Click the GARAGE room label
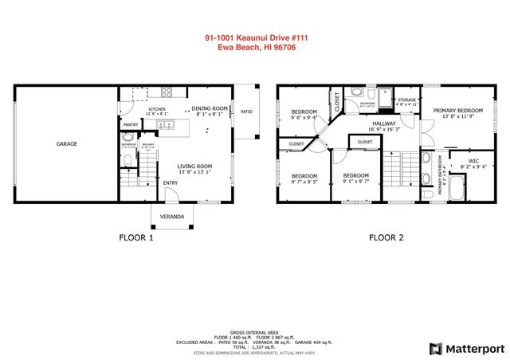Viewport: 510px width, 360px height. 66,144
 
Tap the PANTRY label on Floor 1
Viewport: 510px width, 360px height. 130,125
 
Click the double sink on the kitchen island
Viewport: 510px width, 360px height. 164,125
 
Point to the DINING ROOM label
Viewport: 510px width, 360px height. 210,108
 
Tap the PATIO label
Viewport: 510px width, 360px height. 246,112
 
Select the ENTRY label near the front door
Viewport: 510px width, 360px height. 171,183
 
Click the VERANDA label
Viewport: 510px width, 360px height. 172,217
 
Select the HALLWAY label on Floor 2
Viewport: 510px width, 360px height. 385,123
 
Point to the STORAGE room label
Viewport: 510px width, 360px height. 406,100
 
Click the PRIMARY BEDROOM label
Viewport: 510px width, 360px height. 457,112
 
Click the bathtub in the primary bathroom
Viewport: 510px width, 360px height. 456,190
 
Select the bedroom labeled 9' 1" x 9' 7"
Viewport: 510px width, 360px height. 355,176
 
